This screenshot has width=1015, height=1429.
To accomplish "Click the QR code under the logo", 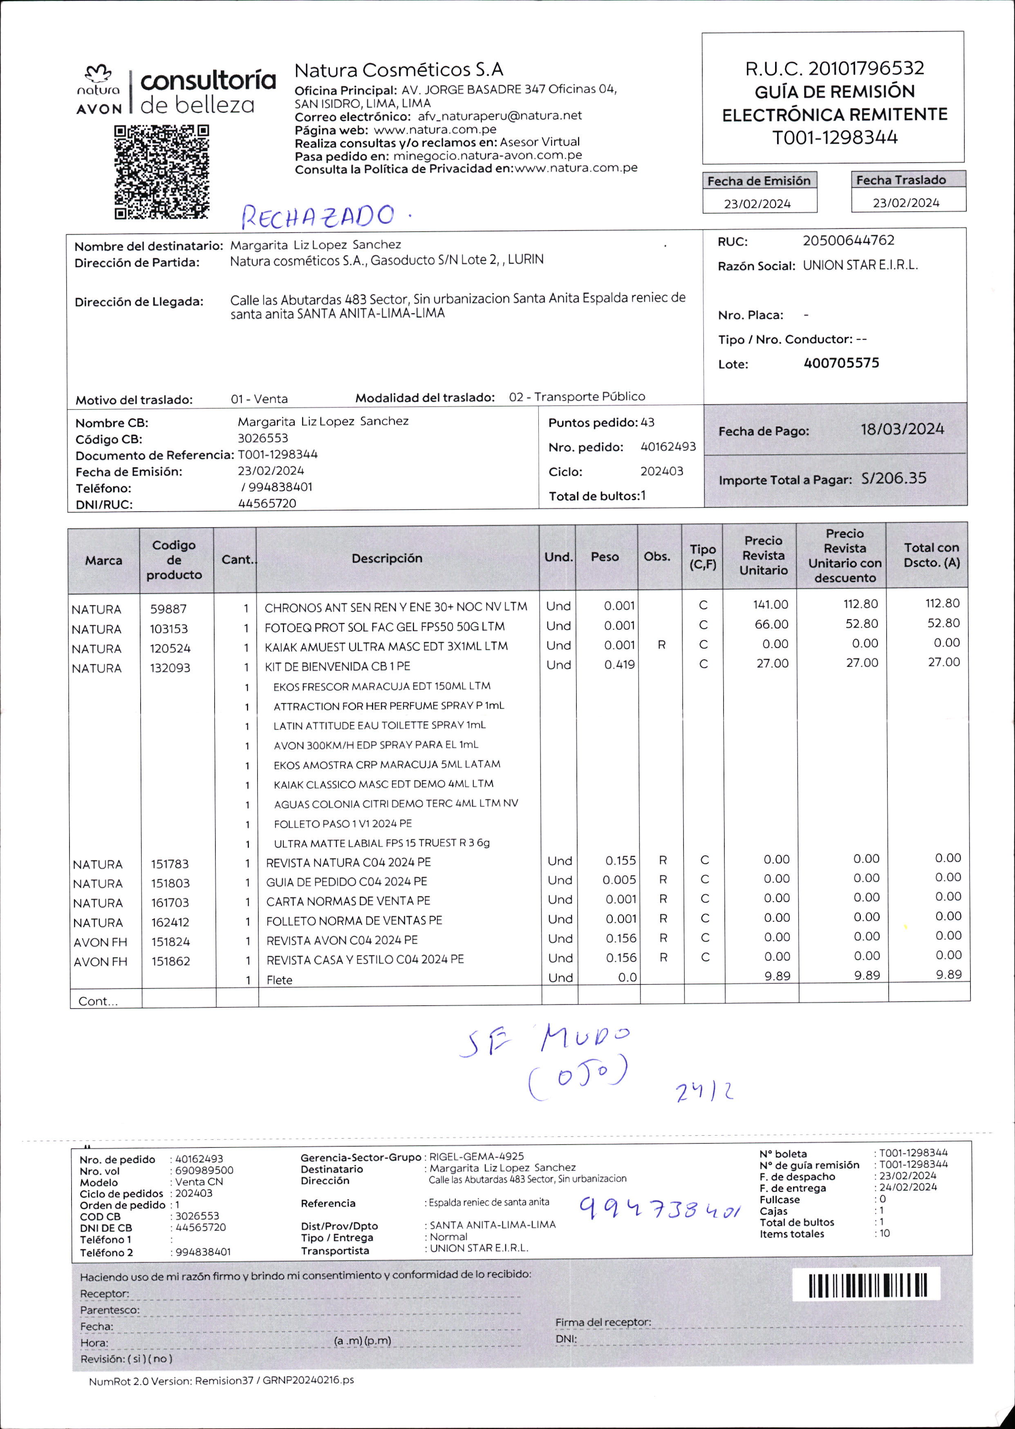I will tap(161, 172).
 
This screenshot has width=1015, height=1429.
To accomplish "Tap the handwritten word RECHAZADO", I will tap(318, 216).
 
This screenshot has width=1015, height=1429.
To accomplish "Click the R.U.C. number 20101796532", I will tap(866, 68).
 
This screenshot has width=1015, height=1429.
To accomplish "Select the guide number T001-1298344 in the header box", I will tap(834, 137).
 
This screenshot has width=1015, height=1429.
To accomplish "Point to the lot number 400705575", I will tap(841, 363).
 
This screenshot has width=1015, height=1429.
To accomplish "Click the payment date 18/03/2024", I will tap(902, 429).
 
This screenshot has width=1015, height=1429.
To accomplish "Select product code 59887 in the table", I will tap(168, 608).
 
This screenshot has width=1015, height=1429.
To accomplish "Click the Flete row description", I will tap(279, 980).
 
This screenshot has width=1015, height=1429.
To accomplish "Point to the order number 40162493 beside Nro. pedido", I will tap(668, 447).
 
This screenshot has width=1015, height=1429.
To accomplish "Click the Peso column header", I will tap(604, 557).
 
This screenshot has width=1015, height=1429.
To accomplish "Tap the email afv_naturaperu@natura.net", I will tap(500, 116).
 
